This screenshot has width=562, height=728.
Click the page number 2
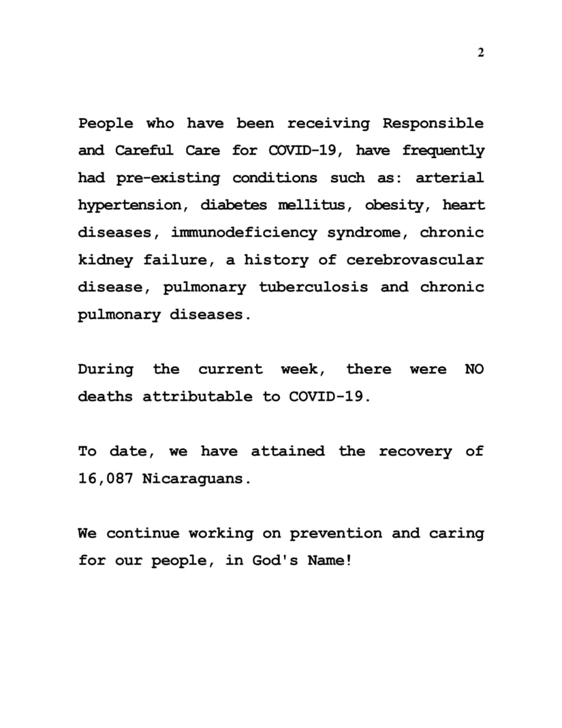click(x=480, y=53)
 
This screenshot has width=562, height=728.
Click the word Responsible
click(x=433, y=123)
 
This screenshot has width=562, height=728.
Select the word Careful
click(x=143, y=151)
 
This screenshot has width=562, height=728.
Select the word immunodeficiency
click(x=244, y=232)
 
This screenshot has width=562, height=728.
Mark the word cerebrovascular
click(x=415, y=260)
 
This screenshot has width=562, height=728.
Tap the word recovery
click(x=415, y=451)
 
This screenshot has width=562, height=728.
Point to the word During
click(x=106, y=369)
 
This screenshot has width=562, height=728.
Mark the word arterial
click(x=450, y=178)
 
